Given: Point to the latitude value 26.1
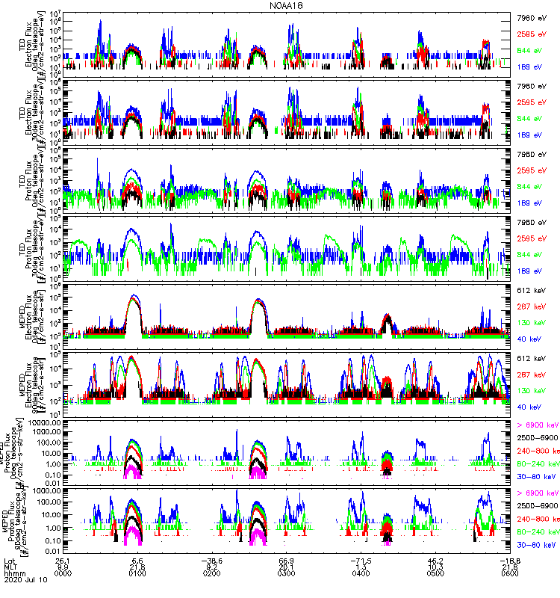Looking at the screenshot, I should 62,560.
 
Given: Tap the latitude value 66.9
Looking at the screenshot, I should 287,560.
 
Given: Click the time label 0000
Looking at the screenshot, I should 62,575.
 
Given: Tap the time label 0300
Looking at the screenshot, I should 287,575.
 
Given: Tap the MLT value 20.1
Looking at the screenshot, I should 287,567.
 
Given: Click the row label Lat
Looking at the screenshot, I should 10,560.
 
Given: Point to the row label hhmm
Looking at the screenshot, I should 14,575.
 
